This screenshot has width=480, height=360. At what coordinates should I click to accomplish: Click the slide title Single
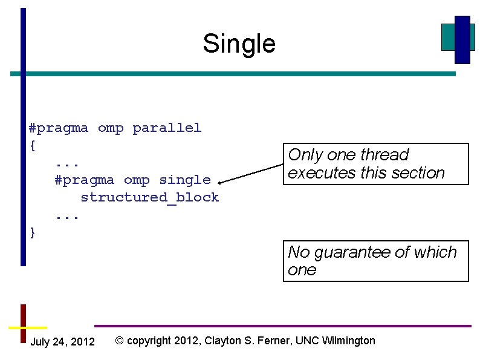tap(239, 44)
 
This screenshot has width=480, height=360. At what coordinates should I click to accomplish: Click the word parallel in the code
tap(167, 128)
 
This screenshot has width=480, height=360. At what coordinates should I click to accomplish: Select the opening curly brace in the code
tap(33, 145)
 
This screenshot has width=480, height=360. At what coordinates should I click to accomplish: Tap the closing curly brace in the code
tap(33, 232)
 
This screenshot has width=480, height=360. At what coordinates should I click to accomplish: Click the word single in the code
tap(184, 180)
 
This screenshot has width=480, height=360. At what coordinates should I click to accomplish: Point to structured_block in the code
tap(149, 197)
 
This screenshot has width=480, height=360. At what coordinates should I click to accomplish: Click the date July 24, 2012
tap(62, 342)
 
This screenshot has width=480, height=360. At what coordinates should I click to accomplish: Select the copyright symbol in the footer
tap(119, 341)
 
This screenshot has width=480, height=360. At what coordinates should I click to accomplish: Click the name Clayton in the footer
tap(224, 341)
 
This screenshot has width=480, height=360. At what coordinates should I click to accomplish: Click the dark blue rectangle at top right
tap(462, 39)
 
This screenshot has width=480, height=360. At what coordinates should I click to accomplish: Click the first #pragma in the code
tap(59, 128)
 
